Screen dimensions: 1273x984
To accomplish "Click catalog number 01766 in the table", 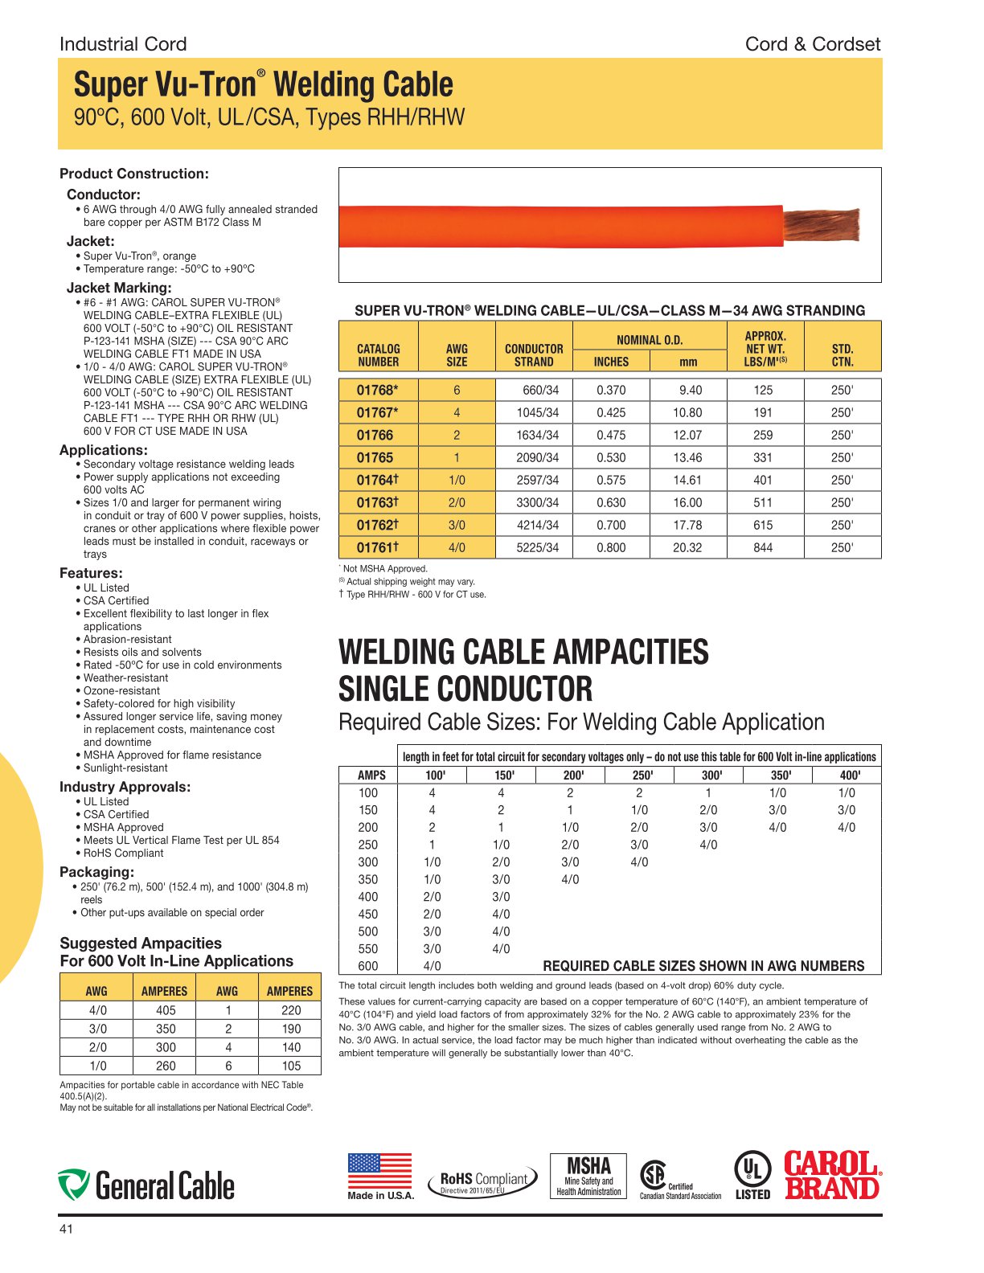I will coord(375,435).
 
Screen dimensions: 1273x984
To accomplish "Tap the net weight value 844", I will coord(763,547).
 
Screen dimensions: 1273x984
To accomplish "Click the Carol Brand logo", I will coord(831,1176).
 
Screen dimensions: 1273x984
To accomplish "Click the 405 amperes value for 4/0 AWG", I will coord(166,1010).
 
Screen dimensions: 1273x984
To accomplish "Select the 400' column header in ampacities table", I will coord(849,776).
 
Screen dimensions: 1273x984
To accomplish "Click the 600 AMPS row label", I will coord(368,966).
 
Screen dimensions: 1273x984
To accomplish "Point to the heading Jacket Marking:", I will coord(119,288).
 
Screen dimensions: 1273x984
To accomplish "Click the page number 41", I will coord(66,1229).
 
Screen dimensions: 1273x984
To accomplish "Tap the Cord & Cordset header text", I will coord(812,44).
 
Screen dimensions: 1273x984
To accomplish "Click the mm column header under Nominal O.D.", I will coord(688,362).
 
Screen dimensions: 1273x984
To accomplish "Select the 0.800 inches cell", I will coord(611,547).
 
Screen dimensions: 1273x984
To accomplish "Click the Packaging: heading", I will coord(97,872).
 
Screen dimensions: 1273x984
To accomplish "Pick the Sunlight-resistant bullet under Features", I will coord(125,767).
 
